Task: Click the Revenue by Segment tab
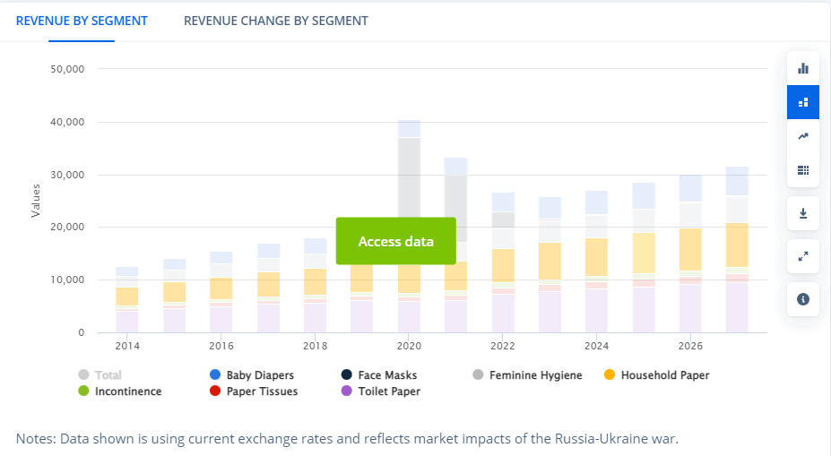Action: pyautogui.click(x=82, y=21)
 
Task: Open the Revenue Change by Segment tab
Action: pyautogui.click(x=275, y=21)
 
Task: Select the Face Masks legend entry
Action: pyautogui.click(x=387, y=375)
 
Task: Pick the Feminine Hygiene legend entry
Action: pyautogui.click(x=535, y=375)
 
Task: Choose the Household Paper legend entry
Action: pyautogui.click(x=664, y=375)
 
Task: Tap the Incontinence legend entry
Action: pyautogui.click(x=127, y=391)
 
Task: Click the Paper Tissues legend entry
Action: pyautogui.click(x=262, y=391)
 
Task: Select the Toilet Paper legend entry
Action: pyautogui.click(x=389, y=391)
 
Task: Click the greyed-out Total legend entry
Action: pyautogui.click(x=108, y=375)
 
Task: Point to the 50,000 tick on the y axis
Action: pyautogui.click(x=66, y=69)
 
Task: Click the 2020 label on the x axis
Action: pyautogui.click(x=409, y=346)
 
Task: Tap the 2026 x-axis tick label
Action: pyautogui.click(x=689, y=346)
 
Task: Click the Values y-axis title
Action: pyautogui.click(x=36, y=201)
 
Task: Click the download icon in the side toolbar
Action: pyautogui.click(x=803, y=213)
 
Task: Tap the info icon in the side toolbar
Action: pyautogui.click(x=803, y=299)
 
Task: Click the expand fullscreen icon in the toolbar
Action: pyautogui.click(x=803, y=256)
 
